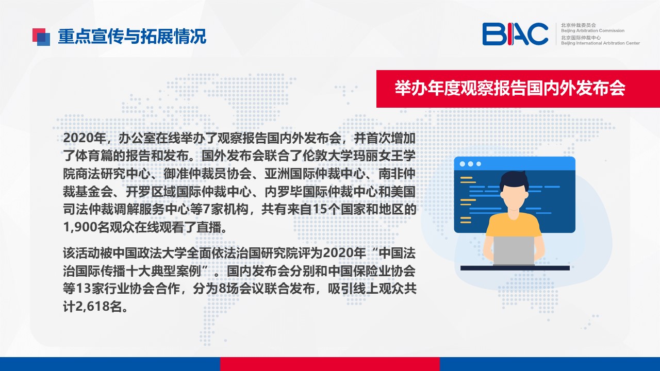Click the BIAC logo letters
click(x=515, y=34)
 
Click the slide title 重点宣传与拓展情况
click(x=132, y=37)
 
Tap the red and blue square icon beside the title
click(x=41, y=37)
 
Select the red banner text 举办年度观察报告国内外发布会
click(x=510, y=88)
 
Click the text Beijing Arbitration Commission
click(x=592, y=30)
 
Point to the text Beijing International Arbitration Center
click(x=600, y=43)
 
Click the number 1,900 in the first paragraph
click(x=80, y=227)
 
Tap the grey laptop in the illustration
click(x=514, y=250)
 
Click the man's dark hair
click(x=514, y=180)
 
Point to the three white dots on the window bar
click(x=470, y=164)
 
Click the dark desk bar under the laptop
click(x=515, y=268)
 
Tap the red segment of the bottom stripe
click(x=329, y=364)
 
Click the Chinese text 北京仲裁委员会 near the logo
click(x=579, y=25)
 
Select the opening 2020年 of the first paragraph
click(x=85, y=139)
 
